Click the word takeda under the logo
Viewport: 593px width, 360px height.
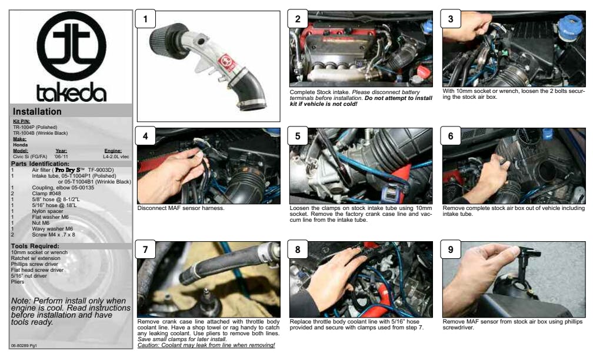click(x=72, y=92)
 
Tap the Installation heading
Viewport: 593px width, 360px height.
click(x=37, y=112)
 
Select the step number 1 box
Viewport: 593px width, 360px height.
click(x=146, y=19)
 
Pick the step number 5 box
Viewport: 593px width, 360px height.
click(x=298, y=136)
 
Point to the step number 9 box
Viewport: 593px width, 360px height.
click(x=451, y=249)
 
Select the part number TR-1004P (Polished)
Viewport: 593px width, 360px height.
click(x=35, y=128)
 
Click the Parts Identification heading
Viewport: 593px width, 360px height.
click(x=40, y=164)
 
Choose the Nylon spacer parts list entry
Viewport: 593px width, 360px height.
click(x=48, y=211)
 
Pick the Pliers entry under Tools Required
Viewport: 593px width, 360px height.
click(x=18, y=282)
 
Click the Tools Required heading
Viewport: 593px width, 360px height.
click(x=35, y=246)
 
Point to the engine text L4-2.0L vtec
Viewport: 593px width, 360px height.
click(x=116, y=156)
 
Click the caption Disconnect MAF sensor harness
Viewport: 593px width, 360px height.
click(x=181, y=208)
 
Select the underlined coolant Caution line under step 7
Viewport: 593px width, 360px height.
click(x=206, y=345)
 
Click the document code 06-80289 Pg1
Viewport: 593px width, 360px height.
click(x=24, y=346)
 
